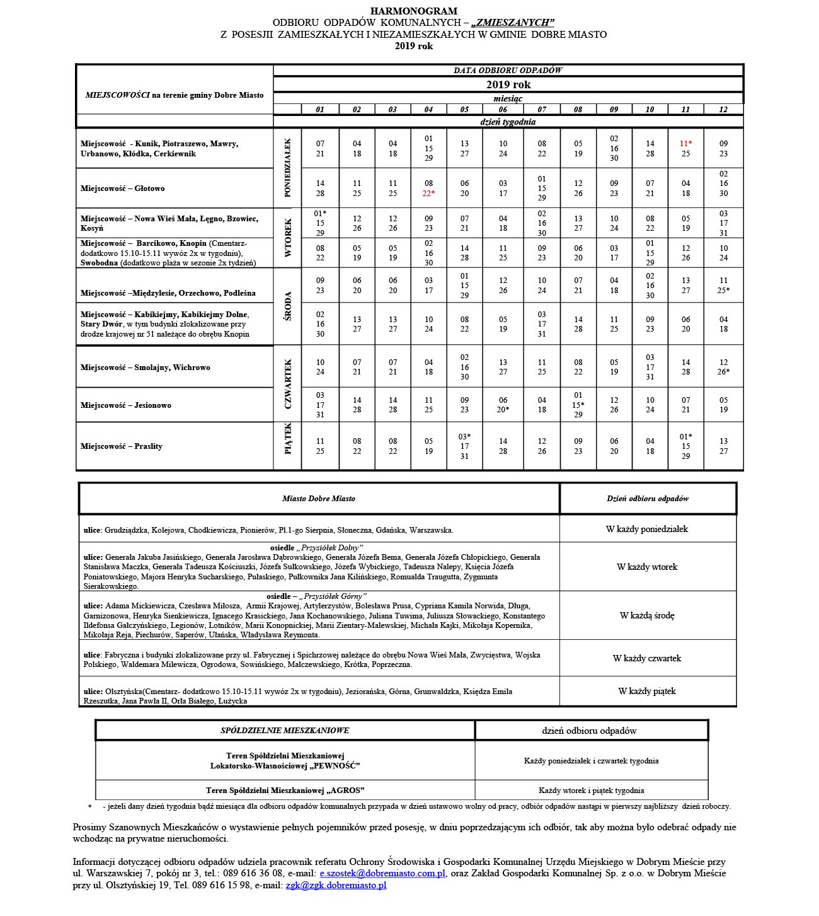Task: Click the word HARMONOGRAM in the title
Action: [414, 11]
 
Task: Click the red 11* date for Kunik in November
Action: [685, 144]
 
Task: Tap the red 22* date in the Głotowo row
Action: [428, 194]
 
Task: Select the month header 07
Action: [542, 110]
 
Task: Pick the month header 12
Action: [723, 110]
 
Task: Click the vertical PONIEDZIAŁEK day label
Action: [288, 168]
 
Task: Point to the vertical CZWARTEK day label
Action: [288, 383]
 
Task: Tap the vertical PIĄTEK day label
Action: [288, 439]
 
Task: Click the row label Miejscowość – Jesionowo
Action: [126, 405]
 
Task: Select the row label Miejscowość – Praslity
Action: [122, 446]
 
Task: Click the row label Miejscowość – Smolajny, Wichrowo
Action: [146, 368]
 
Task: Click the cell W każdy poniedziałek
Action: [647, 530]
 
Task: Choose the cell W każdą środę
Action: [647, 615]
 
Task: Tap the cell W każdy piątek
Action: [647, 692]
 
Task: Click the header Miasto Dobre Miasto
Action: [319, 499]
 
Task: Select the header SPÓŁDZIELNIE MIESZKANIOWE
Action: [285, 731]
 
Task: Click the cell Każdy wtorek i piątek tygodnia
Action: [592, 791]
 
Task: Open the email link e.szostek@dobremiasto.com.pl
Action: [383, 874]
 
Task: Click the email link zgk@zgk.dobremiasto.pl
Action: [336, 886]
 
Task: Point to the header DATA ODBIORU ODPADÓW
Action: [508, 71]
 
